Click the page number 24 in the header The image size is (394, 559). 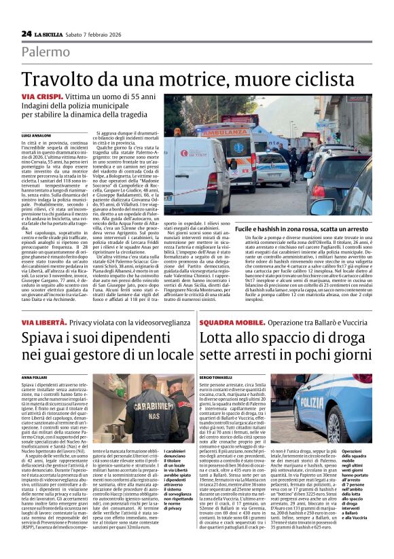pyautogui.click(x=26, y=33)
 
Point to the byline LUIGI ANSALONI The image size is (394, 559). pyautogui.click(x=37, y=136)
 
